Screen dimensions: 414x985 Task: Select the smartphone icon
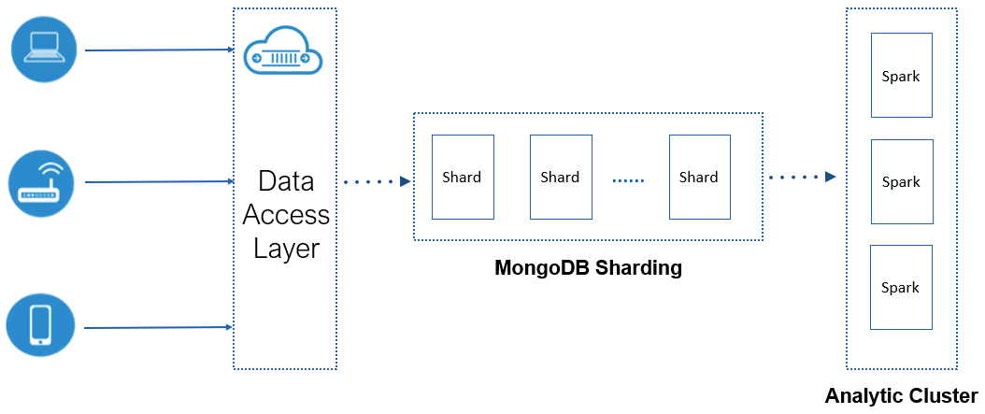pyautogui.click(x=40, y=325)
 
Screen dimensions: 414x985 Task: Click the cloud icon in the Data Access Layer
pyautogui.click(x=282, y=53)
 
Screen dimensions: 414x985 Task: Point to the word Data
pyautogui.click(x=286, y=180)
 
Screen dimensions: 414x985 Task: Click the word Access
pyautogui.click(x=286, y=215)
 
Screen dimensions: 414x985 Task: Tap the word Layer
pyautogui.click(x=286, y=250)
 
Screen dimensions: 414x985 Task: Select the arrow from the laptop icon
pyautogui.click(x=159, y=50)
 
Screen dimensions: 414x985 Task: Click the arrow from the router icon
pyautogui.click(x=159, y=182)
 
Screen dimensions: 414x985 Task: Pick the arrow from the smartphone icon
pyautogui.click(x=159, y=327)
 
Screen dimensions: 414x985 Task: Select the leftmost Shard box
pyautogui.click(x=463, y=177)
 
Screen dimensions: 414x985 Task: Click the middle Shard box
pyautogui.click(x=561, y=177)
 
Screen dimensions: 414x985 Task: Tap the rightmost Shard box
pyautogui.click(x=699, y=177)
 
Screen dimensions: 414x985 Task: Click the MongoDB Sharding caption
pyautogui.click(x=588, y=269)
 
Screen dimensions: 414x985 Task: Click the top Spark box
pyautogui.click(x=901, y=76)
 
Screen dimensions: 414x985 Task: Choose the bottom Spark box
pyautogui.click(x=901, y=287)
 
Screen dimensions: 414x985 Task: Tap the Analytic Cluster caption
pyautogui.click(x=901, y=395)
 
